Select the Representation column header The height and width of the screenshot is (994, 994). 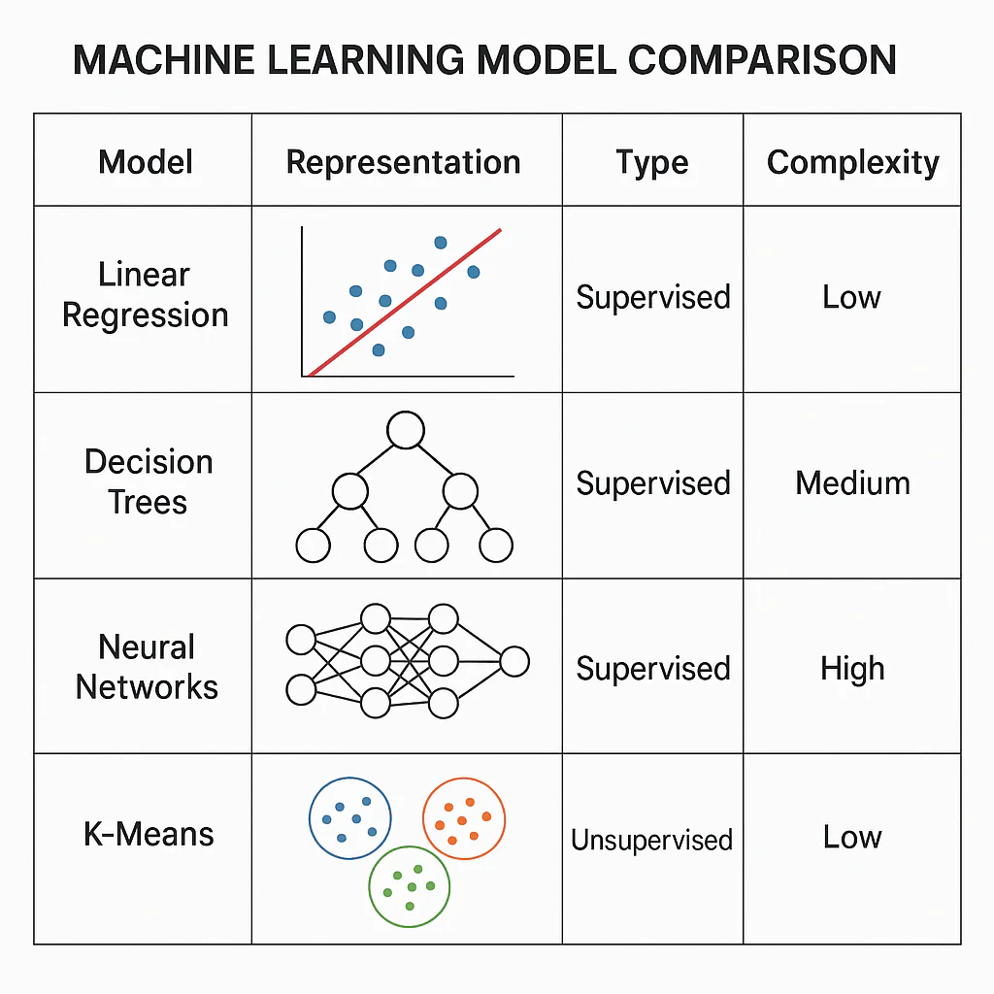tap(403, 162)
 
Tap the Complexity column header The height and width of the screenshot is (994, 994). tap(852, 162)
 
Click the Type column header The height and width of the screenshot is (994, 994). tap(651, 162)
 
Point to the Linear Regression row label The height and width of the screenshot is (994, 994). tap(145, 295)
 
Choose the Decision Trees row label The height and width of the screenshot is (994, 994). tap(148, 481)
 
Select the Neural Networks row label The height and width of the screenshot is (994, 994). tap(147, 667)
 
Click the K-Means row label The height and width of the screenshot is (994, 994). tap(149, 834)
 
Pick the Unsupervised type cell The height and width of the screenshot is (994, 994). tap(651, 840)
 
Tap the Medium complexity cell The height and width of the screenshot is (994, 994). tap(852, 482)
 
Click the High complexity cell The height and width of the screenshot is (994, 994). tap(852, 669)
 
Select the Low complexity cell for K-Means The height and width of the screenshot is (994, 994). tap(852, 837)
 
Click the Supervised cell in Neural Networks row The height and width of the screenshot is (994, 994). tap(652, 669)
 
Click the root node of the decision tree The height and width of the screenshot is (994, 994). tap(406, 430)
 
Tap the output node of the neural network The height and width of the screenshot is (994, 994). tap(514, 662)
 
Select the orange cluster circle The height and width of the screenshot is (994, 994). tap(464, 818)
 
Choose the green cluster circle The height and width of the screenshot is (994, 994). tap(409, 884)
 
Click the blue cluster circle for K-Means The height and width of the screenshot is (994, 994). tap(349, 818)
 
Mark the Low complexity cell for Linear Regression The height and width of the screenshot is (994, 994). tap(851, 297)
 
